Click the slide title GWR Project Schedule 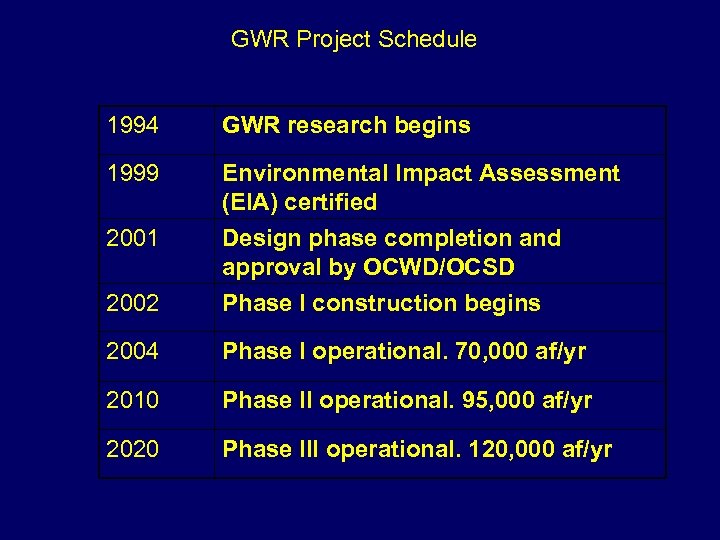click(x=353, y=39)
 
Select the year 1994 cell click(x=132, y=126)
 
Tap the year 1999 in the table click(x=132, y=174)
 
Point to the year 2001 click(x=132, y=239)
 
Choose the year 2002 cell click(x=132, y=303)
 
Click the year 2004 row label click(x=132, y=352)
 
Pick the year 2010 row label click(x=132, y=401)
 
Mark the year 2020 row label click(x=132, y=450)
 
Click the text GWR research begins click(x=346, y=126)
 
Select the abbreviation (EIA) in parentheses click(x=249, y=203)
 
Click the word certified click(x=330, y=203)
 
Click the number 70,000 click(x=509, y=352)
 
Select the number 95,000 click(x=515, y=401)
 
